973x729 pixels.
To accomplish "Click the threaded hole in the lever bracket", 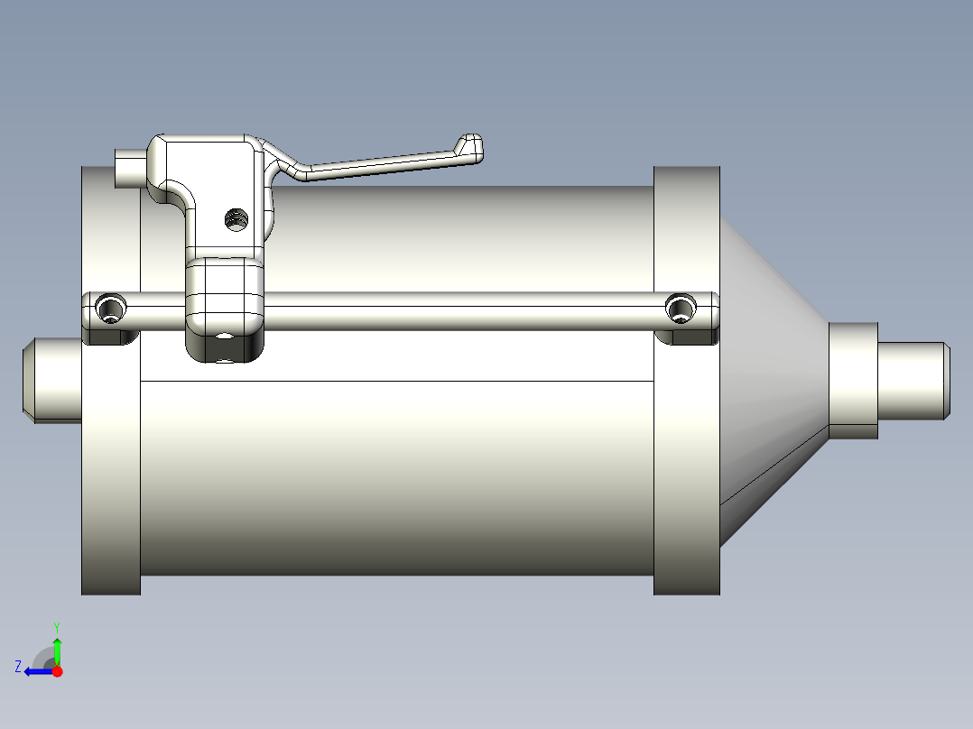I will coord(236,218).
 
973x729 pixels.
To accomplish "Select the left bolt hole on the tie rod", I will coord(111,309).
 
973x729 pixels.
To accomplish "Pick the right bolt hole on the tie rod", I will coord(681,309).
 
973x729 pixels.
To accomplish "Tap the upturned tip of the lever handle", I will coord(470,144).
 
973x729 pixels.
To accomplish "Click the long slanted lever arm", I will coord(379,163).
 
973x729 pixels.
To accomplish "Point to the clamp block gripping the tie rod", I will coord(225,294).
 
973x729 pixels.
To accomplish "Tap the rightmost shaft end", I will coord(913,381).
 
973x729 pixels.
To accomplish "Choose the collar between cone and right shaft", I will coord(853,381).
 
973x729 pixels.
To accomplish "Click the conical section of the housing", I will coord(772,379).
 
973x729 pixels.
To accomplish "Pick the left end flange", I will coord(110,469).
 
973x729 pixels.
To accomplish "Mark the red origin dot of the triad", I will coord(57,671).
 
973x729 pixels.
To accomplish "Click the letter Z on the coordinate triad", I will coord(18,667).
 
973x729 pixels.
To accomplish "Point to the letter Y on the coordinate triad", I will coord(56,626).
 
